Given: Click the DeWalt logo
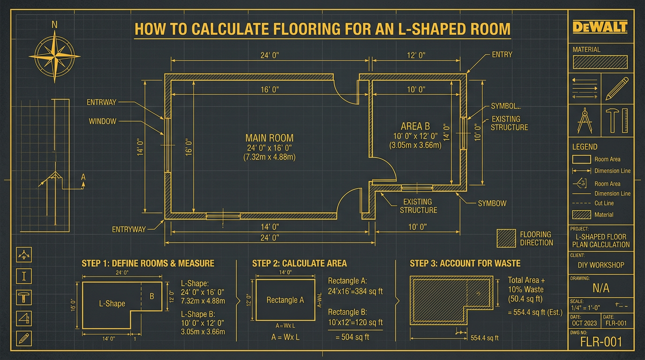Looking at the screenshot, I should point(600,27).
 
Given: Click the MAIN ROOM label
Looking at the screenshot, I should point(269,138).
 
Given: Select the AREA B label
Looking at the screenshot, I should point(415,126).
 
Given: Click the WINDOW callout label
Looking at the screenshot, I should point(102,121).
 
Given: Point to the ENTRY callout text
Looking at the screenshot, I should point(502,55).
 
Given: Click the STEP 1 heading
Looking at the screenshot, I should point(148,263).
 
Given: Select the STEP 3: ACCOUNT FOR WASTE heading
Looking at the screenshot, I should point(465,263).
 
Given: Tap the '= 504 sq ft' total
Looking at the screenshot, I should point(352,337).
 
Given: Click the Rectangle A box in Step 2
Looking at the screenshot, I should point(285,300).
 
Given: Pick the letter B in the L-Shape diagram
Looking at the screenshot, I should point(151,296).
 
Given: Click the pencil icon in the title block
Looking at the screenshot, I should point(617,89).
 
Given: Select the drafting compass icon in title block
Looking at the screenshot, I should point(585,120).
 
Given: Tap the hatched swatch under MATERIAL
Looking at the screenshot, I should point(600,62).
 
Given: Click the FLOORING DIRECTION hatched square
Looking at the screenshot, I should point(506,238).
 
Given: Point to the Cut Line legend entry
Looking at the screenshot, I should point(604,203).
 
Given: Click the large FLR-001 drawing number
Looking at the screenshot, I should point(601,342).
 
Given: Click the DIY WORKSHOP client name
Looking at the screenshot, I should point(601,265).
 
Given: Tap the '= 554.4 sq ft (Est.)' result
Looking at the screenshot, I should point(535,312).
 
